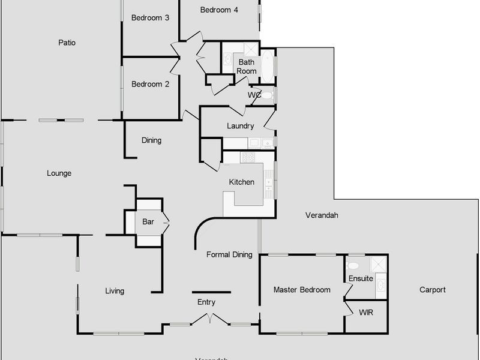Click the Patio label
67,43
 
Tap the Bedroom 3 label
150,18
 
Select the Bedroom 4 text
219,10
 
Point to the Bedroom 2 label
150,84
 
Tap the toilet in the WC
266,95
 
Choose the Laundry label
241,126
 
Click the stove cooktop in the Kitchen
248,157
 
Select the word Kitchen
242,182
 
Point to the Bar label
148,222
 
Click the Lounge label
59,173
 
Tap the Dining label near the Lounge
151,140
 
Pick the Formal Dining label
229,254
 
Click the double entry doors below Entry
210,319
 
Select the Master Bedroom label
302,290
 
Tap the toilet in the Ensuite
353,265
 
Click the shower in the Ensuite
378,265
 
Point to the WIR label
366,313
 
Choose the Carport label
432,290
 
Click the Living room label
115,291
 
